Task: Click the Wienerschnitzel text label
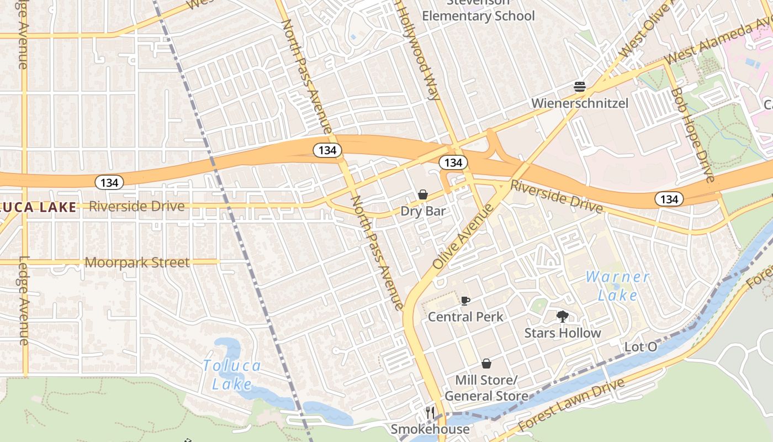coord(580,103)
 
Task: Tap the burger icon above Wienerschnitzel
coord(579,87)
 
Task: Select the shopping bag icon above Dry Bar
coord(423,194)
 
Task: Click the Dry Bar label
coord(423,211)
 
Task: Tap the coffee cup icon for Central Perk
coord(465,301)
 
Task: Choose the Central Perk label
coord(465,317)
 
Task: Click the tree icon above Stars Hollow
coord(563,317)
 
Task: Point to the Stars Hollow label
coord(563,333)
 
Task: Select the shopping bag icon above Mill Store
coord(486,364)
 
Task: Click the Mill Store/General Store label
coord(486,388)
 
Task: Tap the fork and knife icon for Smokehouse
coord(430,413)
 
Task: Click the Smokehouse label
coord(430,429)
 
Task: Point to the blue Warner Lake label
coord(618,286)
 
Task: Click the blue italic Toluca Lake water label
coord(232,375)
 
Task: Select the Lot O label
coord(640,347)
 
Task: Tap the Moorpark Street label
coord(137,262)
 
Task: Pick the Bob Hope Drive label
coord(693,134)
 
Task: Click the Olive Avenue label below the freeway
coord(463,236)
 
